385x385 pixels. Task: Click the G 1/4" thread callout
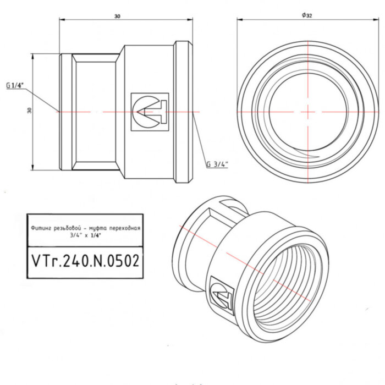(15, 86)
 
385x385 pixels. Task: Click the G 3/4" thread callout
(217, 164)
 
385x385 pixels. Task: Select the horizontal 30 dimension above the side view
(117, 16)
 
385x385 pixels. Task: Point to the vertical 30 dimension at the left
(30, 111)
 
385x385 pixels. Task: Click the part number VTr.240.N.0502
(84, 261)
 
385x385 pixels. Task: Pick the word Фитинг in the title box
(41, 227)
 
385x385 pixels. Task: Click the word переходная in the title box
(125, 227)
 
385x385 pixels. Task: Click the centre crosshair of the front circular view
(308, 111)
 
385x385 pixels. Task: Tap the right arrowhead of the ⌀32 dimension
(376, 20)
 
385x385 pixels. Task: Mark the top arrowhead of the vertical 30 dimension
(33, 55)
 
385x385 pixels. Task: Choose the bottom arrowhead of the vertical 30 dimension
(33, 168)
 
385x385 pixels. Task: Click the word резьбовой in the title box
(68, 227)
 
